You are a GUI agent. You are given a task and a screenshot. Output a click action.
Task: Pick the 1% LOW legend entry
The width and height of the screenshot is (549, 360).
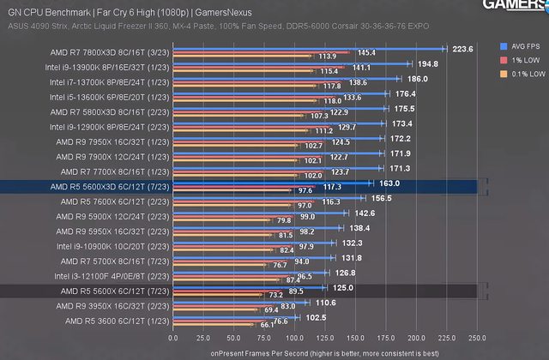(x=522, y=60)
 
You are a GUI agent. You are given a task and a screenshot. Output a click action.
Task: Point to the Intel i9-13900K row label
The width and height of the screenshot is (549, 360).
(x=107, y=66)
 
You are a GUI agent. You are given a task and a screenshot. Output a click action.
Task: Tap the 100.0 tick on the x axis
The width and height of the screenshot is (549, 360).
(x=295, y=337)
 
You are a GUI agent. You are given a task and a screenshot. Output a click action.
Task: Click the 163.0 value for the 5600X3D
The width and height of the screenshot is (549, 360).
(x=389, y=183)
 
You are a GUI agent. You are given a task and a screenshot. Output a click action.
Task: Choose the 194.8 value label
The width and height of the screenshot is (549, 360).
(x=426, y=63)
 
